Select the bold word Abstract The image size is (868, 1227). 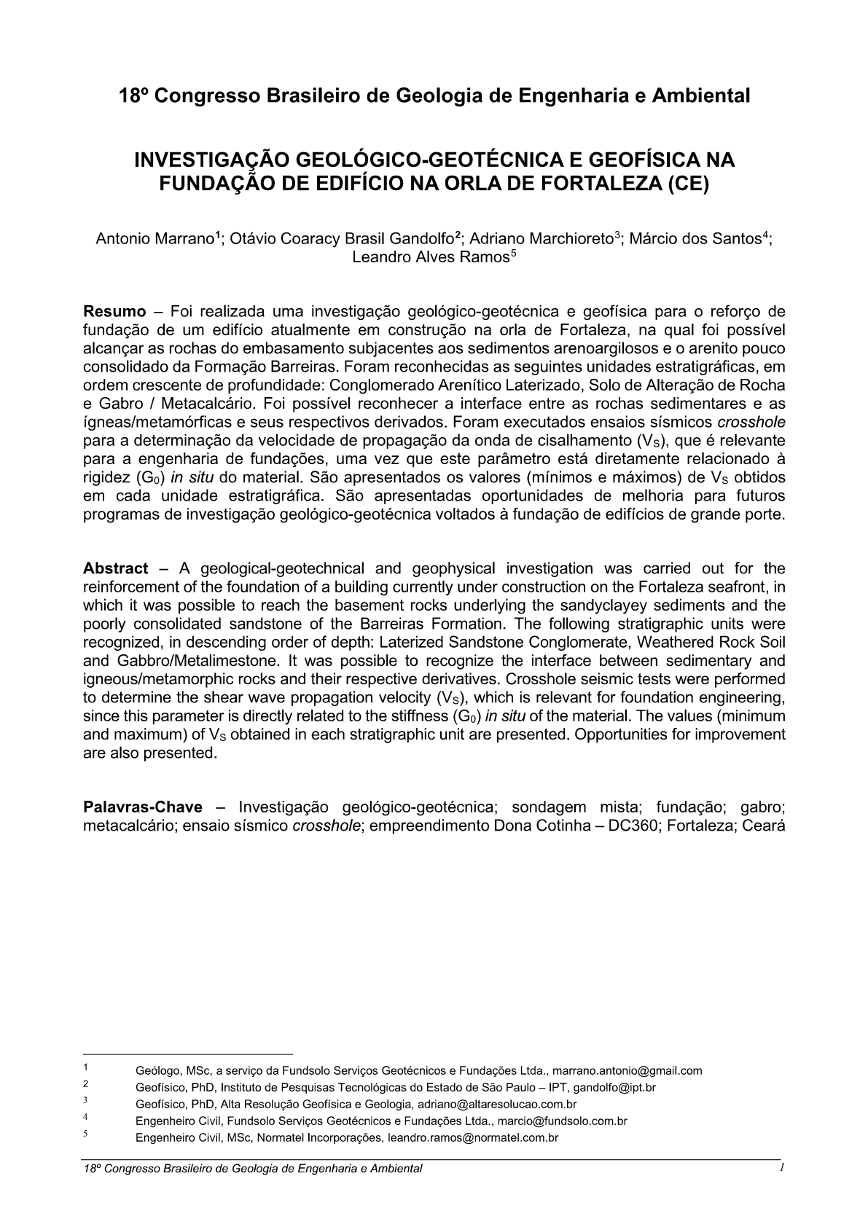pyautogui.click(x=116, y=568)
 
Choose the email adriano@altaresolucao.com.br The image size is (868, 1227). pyautogui.click(x=497, y=1105)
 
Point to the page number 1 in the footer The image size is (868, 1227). pyautogui.click(x=781, y=1168)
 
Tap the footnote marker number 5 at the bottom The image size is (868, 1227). pyautogui.click(x=85, y=1134)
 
